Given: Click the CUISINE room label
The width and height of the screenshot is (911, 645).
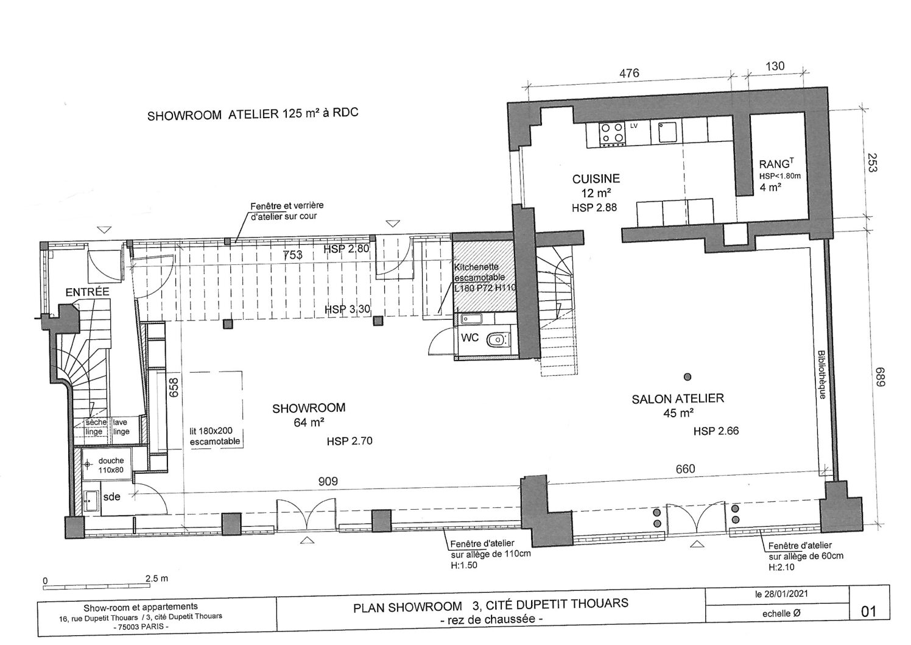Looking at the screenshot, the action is (x=596, y=178).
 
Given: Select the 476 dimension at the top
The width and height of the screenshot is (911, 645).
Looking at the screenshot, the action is (x=629, y=73).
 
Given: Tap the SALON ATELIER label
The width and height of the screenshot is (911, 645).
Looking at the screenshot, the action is (x=678, y=398).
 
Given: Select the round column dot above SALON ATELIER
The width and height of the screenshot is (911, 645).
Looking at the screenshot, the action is (x=688, y=376).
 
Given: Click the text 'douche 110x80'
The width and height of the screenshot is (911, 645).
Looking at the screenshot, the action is (x=111, y=465).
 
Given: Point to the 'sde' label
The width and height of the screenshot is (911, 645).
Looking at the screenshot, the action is (x=111, y=496).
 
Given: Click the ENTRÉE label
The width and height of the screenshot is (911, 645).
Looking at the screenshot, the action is (x=88, y=292).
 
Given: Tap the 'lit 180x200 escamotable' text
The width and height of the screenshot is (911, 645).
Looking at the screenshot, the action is (x=215, y=436).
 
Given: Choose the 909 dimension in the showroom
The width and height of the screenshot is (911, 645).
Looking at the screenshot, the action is (x=328, y=482).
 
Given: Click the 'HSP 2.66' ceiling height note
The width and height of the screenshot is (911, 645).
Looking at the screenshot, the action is (x=716, y=431).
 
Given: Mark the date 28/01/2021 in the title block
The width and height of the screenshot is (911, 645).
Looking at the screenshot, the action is (x=786, y=594).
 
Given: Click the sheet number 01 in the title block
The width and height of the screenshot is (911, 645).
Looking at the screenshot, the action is (x=868, y=612).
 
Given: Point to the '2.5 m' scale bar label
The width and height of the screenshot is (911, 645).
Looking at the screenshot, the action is (x=157, y=578).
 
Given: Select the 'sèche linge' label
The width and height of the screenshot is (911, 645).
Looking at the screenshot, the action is (x=96, y=427).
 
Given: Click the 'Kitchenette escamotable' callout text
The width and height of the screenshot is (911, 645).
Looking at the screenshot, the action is (x=479, y=272).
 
